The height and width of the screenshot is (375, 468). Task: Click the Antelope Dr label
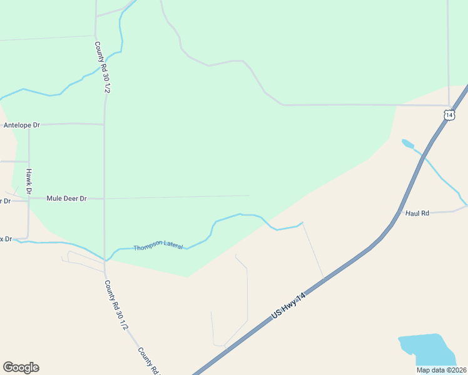tap(21, 125)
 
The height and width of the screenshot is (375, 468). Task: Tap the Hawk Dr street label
tap(29, 181)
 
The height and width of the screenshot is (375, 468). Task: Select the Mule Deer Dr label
tap(66, 198)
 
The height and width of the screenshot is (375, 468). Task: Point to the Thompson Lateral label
tap(158, 245)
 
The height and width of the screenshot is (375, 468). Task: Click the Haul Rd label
tap(417, 213)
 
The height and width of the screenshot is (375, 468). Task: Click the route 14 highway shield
tap(449, 114)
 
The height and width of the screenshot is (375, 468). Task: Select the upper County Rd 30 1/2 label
tap(103, 67)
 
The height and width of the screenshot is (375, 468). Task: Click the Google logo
tap(21, 367)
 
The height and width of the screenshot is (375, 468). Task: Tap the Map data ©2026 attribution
tap(441, 370)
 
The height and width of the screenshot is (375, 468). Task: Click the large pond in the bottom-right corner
tap(425, 350)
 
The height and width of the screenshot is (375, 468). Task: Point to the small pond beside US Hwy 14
tap(407, 144)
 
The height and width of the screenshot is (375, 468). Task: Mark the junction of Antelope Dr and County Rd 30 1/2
tap(104, 124)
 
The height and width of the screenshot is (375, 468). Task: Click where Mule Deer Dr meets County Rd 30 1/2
tap(104, 199)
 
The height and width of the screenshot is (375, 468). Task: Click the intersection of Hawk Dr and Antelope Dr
tap(29, 126)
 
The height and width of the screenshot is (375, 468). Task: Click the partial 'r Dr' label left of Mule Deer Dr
tap(5, 201)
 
